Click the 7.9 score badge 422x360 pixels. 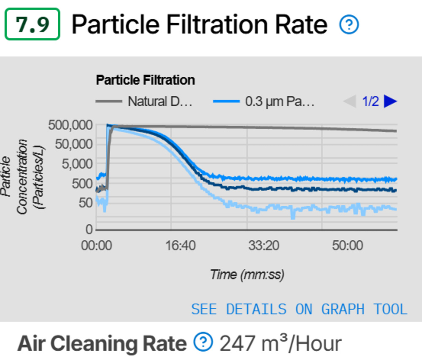[x=32, y=25]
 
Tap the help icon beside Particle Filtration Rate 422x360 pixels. [x=349, y=25]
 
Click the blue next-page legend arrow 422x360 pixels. [x=391, y=102]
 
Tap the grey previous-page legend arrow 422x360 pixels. [x=349, y=102]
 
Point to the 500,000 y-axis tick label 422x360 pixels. [x=70, y=125]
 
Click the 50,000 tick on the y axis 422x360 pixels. [x=73, y=144]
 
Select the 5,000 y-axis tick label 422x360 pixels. [x=77, y=164]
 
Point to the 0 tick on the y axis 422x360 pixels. [x=89, y=230]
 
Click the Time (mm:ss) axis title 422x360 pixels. [x=247, y=275]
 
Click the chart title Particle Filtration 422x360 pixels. [x=146, y=80]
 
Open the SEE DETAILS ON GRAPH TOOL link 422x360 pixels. [x=299, y=309]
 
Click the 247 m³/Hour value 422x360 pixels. [x=280, y=343]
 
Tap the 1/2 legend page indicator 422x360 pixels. [x=370, y=102]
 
